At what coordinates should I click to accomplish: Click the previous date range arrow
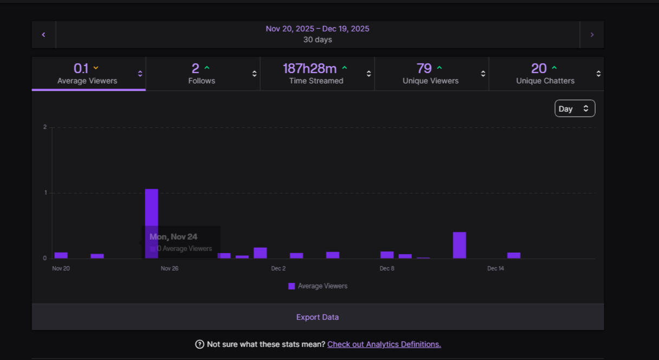click(x=43, y=35)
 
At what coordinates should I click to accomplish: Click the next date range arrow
click(x=592, y=35)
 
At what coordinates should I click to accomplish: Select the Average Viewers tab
click(x=87, y=74)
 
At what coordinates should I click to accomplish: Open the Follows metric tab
click(x=202, y=74)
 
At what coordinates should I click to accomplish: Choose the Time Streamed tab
click(x=316, y=74)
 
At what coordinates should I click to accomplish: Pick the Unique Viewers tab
click(x=430, y=74)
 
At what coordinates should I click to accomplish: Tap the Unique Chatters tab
click(x=545, y=74)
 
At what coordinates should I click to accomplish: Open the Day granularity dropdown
click(x=574, y=108)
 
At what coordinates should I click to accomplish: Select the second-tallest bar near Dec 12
click(x=460, y=245)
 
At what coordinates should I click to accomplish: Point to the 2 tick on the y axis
click(x=45, y=127)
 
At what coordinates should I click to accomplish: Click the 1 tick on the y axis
click(x=45, y=193)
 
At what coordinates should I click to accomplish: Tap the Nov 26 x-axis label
click(x=170, y=268)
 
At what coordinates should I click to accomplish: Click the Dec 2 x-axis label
click(x=278, y=268)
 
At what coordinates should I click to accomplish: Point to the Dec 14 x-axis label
click(x=495, y=268)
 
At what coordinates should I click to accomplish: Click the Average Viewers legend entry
click(x=318, y=286)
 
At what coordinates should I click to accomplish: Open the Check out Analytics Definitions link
click(x=384, y=344)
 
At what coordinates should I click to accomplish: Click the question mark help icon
click(x=199, y=344)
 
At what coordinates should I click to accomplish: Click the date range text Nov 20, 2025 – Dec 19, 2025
click(x=318, y=29)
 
